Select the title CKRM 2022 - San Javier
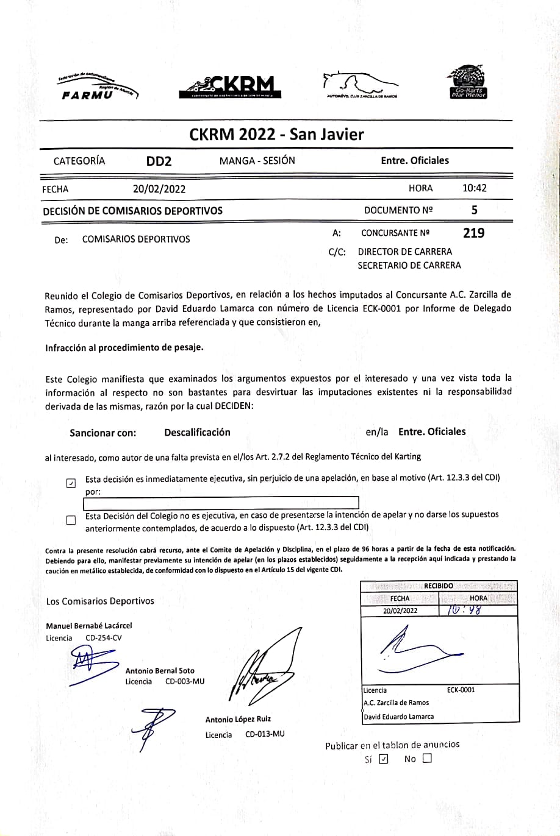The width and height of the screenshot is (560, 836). pyautogui.click(x=276, y=134)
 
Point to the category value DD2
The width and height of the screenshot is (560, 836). pyautogui.click(x=159, y=161)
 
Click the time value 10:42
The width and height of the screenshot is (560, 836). pyautogui.click(x=475, y=188)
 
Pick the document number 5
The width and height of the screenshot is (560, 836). pyautogui.click(x=474, y=210)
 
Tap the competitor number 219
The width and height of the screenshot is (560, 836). pyautogui.click(x=474, y=233)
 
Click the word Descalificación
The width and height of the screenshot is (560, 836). pyautogui.click(x=197, y=432)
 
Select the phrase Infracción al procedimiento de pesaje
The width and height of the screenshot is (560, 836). pyautogui.click(x=124, y=347)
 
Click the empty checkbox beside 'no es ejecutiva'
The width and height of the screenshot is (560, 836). pyautogui.click(x=71, y=520)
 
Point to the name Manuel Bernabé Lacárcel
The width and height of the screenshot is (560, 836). pyautogui.click(x=89, y=626)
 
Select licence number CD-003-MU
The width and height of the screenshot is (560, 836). pyautogui.click(x=185, y=681)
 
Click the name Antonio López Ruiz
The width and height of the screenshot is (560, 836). pyautogui.click(x=238, y=720)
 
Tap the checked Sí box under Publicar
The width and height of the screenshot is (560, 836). pyautogui.click(x=383, y=759)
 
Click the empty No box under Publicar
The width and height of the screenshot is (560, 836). pyautogui.click(x=426, y=759)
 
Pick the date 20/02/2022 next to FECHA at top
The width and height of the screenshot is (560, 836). pyautogui.click(x=159, y=189)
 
